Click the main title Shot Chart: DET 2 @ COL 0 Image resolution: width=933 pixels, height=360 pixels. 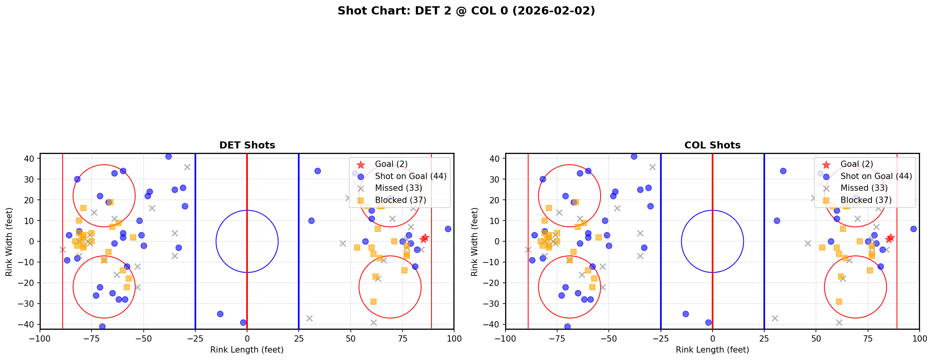[x=466, y=11]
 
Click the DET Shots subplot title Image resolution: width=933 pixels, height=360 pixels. [x=247, y=145]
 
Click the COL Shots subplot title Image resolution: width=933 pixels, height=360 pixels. [x=712, y=145]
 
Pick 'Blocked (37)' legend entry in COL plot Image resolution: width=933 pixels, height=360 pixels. [x=866, y=200]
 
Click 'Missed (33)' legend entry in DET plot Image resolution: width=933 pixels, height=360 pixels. [x=398, y=188]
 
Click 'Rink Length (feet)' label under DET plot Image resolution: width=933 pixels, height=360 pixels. [x=247, y=350]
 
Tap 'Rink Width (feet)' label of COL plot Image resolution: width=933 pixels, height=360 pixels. [x=475, y=242]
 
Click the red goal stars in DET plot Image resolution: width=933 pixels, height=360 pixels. [x=424, y=238]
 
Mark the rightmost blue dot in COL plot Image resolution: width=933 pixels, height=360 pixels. [x=913, y=229]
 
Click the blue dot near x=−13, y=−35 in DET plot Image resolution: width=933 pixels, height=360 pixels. [x=220, y=314]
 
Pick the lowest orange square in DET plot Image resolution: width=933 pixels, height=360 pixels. [x=374, y=302]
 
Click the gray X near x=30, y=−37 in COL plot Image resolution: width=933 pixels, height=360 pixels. [x=774, y=318]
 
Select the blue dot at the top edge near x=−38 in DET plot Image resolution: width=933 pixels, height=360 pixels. [x=168, y=156]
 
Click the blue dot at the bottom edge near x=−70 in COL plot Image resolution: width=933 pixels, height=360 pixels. [x=567, y=326]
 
